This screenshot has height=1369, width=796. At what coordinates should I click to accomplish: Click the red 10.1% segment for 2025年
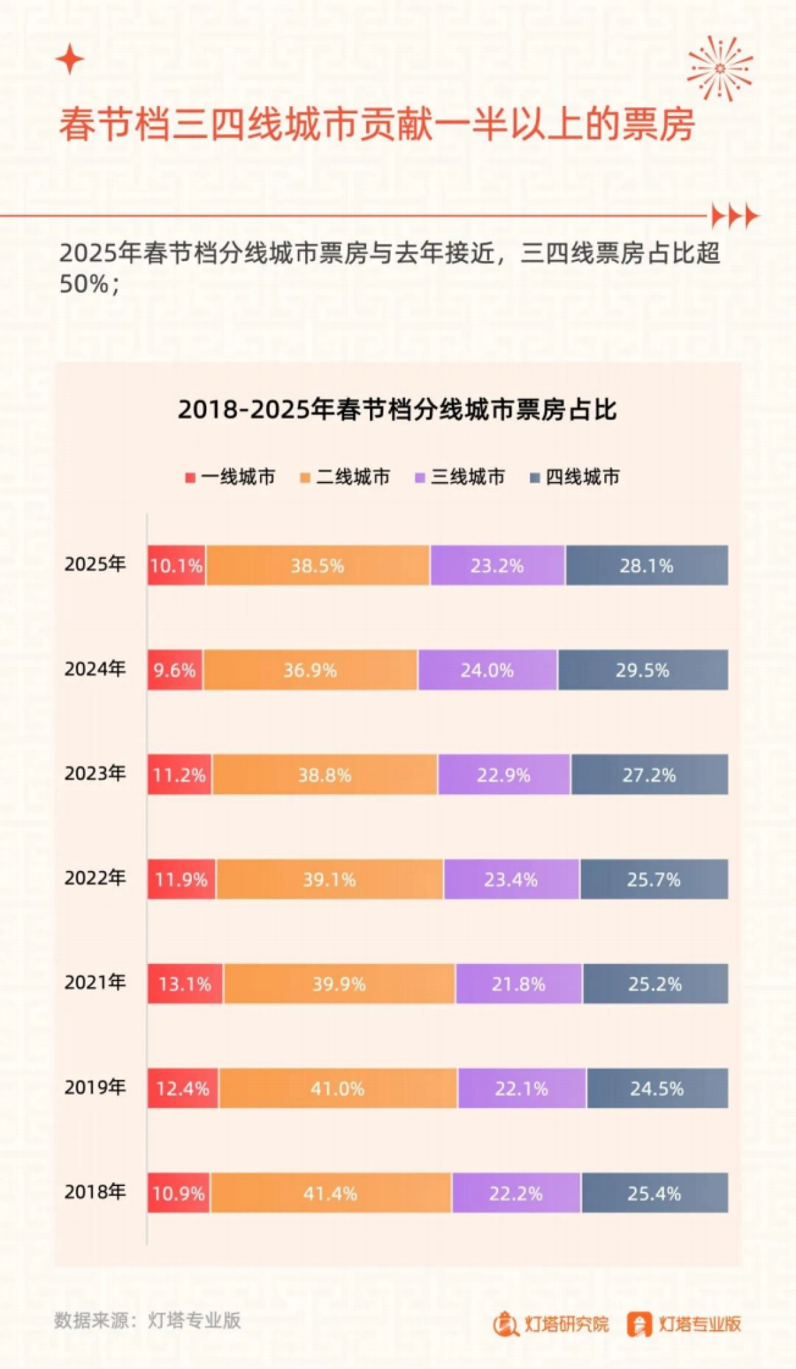pos(176,565)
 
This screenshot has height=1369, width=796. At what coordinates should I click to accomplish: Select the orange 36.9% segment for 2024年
pos(310,670)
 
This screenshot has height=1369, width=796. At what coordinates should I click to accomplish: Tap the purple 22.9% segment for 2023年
pos(503,775)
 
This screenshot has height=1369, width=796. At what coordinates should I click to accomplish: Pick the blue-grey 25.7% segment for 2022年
pos(653,880)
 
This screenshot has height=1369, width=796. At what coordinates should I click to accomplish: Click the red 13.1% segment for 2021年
pos(185,984)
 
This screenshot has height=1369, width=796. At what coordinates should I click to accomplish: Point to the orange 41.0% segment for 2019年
pos(338,1089)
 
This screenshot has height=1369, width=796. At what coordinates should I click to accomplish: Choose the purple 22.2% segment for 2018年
pos(516,1193)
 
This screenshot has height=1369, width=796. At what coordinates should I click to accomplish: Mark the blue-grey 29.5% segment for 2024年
pos(642,670)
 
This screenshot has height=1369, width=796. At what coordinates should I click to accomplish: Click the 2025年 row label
pos(95,564)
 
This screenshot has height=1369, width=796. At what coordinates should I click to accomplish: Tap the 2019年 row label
pos(95,1087)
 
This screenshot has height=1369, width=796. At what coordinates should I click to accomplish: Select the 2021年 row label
pos(95,982)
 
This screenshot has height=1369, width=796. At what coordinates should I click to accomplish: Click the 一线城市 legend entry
pos(230,477)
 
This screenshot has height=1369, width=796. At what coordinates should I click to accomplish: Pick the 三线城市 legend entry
pos(460,477)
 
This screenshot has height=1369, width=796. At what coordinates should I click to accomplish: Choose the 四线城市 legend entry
pos(574,477)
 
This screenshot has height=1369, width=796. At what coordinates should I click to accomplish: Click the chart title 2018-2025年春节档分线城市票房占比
pos(397,410)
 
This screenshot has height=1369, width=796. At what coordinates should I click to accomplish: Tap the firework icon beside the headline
pos(720,68)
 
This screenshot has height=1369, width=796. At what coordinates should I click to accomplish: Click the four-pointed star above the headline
pos(70,60)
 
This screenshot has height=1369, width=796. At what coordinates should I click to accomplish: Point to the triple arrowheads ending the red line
pos(734,216)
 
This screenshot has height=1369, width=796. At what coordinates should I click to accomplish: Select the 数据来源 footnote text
pos(147,1320)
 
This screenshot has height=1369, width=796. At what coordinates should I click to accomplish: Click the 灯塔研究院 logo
pos(551,1324)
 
